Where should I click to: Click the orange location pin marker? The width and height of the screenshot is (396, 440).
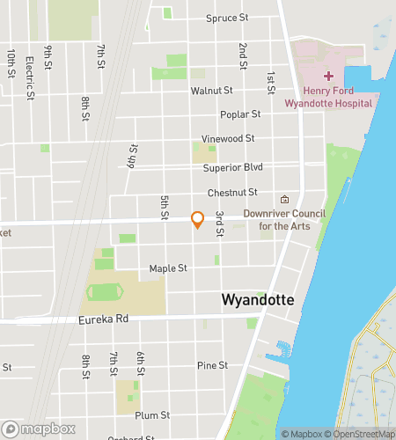[198, 220]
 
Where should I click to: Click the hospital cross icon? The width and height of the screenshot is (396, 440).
[328, 77]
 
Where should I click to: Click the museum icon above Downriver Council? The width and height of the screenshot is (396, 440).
[283, 199]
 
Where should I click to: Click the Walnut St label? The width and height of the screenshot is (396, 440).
[211, 91]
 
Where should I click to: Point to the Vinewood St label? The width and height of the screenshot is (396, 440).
[228, 138]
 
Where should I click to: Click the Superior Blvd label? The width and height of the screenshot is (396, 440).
[232, 167]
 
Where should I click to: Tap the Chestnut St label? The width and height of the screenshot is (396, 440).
[232, 192]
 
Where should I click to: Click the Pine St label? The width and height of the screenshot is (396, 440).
[212, 365]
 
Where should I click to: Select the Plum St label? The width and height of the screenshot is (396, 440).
[152, 414]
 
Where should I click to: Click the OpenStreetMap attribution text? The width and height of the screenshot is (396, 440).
[361, 434]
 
